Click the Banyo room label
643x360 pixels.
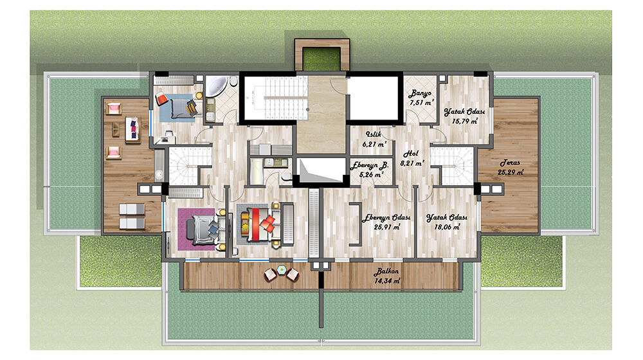pos(419,93)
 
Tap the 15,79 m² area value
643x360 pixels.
pos(465,122)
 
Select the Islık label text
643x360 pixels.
pos(374,134)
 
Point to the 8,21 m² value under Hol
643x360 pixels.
pos(412,163)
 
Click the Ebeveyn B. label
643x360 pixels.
pos(370,165)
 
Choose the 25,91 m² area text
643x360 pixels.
pos(387,227)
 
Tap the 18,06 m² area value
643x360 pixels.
pos(448,227)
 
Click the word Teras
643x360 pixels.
pos(510,163)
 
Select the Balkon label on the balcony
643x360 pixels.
pos(386,271)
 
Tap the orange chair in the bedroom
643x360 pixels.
pos(161,100)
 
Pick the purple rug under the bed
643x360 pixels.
pos(197,230)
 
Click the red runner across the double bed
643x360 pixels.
pos(255,224)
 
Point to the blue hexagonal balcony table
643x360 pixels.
pos(282,269)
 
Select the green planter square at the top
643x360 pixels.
pos(322,59)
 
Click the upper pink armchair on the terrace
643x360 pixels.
pos(114,109)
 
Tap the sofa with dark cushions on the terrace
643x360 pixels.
pos(132,129)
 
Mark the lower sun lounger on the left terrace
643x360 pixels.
pos(132,224)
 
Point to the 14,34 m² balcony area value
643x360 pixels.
pos(387,281)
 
